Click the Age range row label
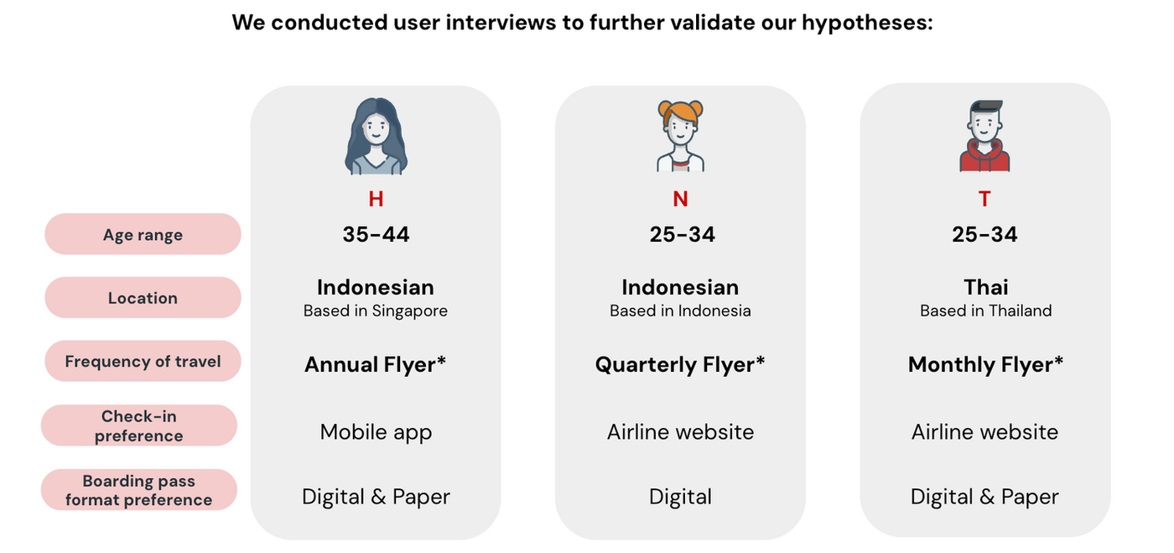click(143, 235)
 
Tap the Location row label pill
click(143, 298)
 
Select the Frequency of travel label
click(143, 362)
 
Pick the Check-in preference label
click(139, 425)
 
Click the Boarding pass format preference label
click(139, 490)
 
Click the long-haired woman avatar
click(376, 137)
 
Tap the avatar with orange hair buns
click(680, 137)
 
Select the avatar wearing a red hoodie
click(984, 137)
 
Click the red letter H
click(376, 199)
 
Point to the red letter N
click(680, 199)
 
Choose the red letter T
click(984, 199)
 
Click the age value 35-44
click(376, 235)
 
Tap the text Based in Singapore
click(376, 310)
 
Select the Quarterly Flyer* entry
click(680, 365)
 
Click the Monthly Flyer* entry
click(985, 365)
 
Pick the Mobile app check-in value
click(376, 432)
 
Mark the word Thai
click(985, 287)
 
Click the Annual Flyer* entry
click(375, 365)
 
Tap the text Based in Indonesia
click(680, 310)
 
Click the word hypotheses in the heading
click(866, 22)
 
